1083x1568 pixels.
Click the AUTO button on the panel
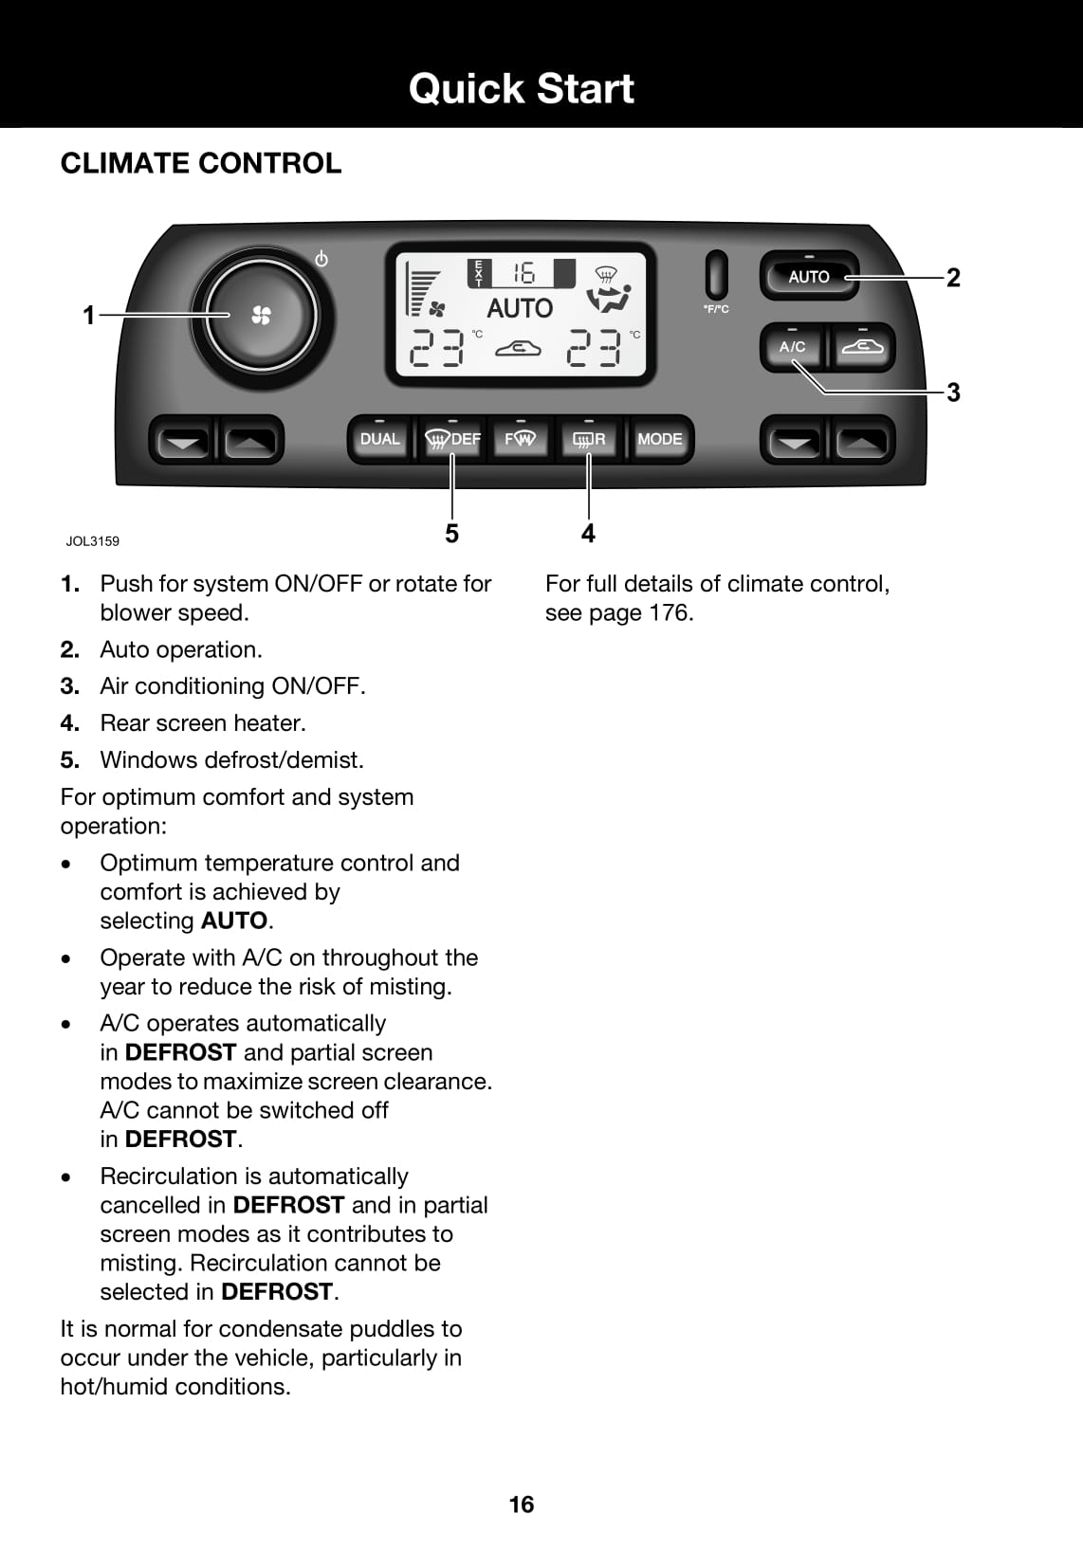(x=809, y=276)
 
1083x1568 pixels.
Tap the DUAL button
(x=380, y=439)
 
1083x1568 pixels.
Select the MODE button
(x=660, y=439)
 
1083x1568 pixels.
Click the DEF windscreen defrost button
(x=452, y=439)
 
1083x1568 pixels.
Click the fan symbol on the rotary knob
(x=261, y=316)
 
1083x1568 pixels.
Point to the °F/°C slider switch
(x=717, y=275)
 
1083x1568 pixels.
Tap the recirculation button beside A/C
(x=862, y=347)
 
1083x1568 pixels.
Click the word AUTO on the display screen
(x=520, y=308)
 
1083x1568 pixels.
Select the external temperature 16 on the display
(x=523, y=274)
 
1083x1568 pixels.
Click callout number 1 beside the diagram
(x=89, y=316)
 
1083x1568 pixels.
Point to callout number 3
(x=953, y=392)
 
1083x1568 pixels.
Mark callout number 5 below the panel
(x=451, y=534)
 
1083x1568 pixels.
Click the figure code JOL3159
(x=93, y=541)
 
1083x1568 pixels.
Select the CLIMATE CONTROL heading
(x=201, y=163)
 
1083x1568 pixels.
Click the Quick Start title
(x=522, y=88)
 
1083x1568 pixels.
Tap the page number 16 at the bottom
(x=522, y=1504)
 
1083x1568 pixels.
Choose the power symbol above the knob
(x=321, y=259)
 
